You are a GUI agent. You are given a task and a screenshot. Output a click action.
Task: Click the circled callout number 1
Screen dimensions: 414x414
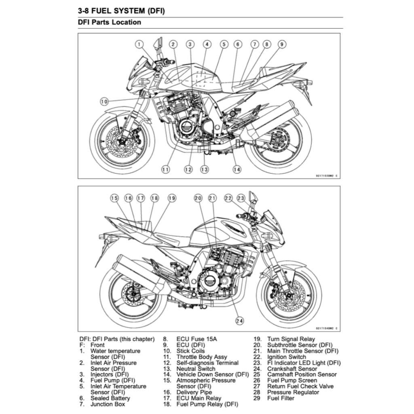(139, 44)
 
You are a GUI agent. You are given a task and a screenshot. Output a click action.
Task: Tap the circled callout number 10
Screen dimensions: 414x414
(104, 101)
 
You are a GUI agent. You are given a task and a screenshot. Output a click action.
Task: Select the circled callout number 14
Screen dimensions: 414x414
(237, 169)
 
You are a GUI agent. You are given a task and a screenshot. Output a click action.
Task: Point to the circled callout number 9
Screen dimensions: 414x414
(282, 44)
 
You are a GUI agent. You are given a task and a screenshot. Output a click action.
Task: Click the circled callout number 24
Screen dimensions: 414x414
(240, 321)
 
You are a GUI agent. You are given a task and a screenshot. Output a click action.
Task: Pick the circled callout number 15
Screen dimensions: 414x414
(114, 198)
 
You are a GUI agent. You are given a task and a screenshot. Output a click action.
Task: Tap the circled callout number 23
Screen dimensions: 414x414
(241, 198)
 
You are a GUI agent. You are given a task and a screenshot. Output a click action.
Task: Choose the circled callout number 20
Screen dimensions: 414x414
(198, 198)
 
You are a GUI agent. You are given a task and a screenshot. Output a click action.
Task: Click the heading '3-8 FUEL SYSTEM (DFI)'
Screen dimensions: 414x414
(121, 11)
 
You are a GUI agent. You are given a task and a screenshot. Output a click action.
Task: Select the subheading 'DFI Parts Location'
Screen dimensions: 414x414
(110, 23)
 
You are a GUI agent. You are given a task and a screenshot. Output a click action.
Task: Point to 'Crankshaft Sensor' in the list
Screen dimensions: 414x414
(292, 369)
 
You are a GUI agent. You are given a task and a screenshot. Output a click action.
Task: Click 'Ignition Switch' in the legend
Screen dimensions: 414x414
(286, 357)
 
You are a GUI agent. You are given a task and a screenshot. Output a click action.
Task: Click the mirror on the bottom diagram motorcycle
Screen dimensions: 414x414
(254, 197)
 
